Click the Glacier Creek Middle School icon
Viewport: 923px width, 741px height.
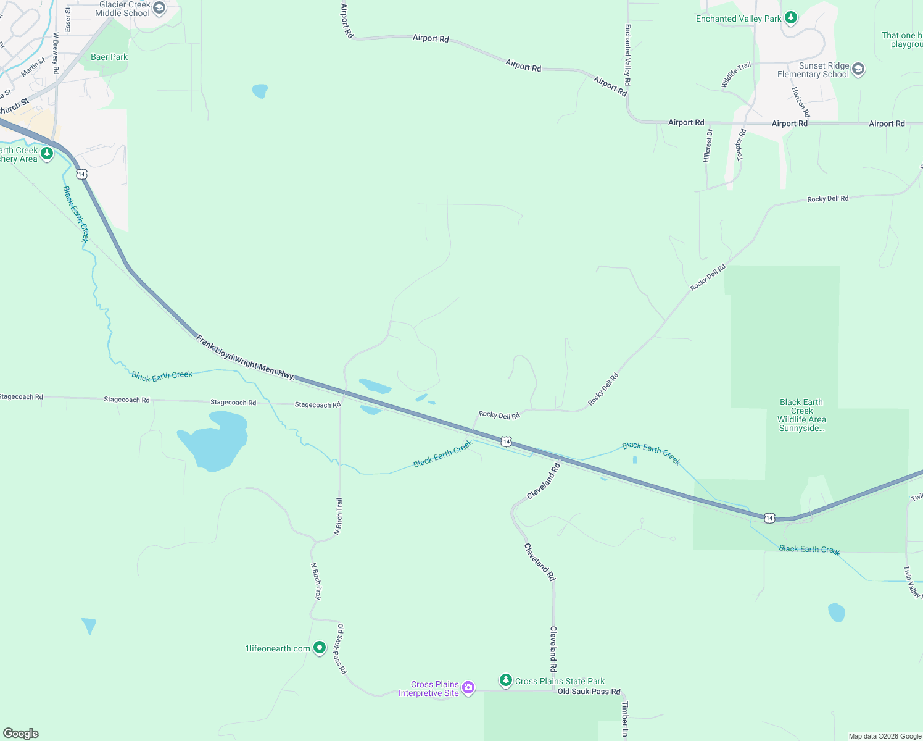(x=159, y=9)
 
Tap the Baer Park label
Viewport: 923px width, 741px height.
(x=109, y=57)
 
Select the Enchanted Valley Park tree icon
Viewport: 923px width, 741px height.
(x=791, y=19)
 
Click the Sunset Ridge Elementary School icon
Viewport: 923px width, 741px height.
(x=858, y=70)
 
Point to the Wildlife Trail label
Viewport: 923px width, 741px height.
(x=737, y=75)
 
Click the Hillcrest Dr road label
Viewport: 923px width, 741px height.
(x=708, y=146)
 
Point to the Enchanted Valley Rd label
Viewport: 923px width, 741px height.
(x=627, y=55)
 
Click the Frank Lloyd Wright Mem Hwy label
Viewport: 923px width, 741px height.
(x=246, y=358)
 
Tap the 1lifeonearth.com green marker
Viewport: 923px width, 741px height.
(x=320, y=648)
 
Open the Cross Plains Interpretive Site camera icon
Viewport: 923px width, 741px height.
(x=468, y=688)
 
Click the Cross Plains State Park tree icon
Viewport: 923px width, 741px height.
(x=506, y=680)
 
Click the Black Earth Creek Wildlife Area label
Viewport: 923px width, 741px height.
(x=801, y=415)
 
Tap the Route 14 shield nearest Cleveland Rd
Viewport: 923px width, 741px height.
(x=506, y=441)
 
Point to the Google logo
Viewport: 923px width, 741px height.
(x=21, y=734)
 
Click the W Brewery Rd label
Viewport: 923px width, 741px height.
(x=56, y=53)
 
